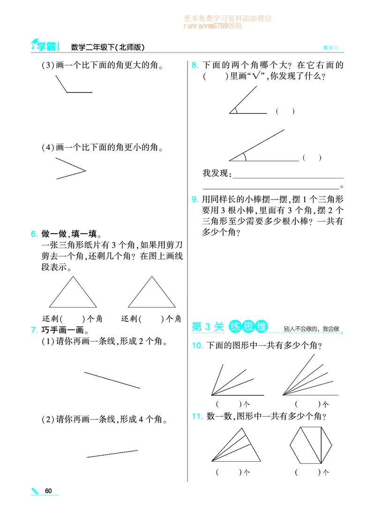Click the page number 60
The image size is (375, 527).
[x=48, y=491]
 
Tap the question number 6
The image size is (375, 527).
[x=33, y=234]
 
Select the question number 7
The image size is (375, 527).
[x=33, y=330]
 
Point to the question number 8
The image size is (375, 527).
[x=195, y=66]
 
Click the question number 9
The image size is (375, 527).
[x=195, y=199]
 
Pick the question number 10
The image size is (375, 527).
[x=197, y=346]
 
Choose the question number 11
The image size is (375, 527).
[x=197, y=416]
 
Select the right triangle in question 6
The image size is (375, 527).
[x=151, y=293]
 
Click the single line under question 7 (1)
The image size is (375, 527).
[x=112, y=380]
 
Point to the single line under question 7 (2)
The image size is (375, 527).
[x=112, y=454]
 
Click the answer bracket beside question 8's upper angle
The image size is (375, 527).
[x=285, y=111]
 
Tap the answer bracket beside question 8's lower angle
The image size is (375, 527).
[x=312, y=158]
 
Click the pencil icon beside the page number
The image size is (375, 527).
[x=36, y=491]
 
